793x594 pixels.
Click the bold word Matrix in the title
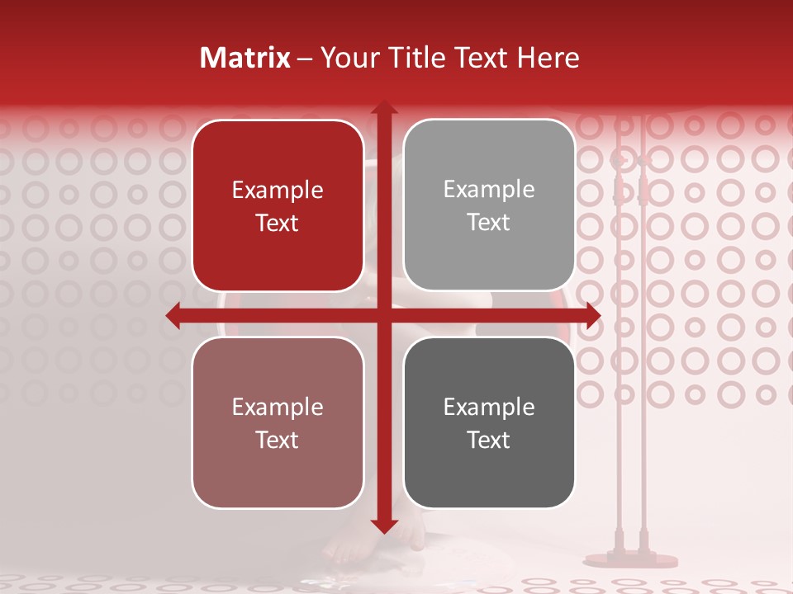(245, 58)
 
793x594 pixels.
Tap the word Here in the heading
(548, 58)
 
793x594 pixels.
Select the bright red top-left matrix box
(278, 205)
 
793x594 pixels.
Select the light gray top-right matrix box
(489, 205)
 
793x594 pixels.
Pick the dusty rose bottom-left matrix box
(278, 422)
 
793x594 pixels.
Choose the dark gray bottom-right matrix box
(489, 422)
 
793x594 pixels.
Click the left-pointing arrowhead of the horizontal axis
(173, 316)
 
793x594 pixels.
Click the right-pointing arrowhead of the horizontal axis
(592, 316)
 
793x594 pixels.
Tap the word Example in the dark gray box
(489, 407)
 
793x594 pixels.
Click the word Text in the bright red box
(278, 223)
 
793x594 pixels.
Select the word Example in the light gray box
(489, 190)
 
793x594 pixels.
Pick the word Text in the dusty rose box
(278, 440)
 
